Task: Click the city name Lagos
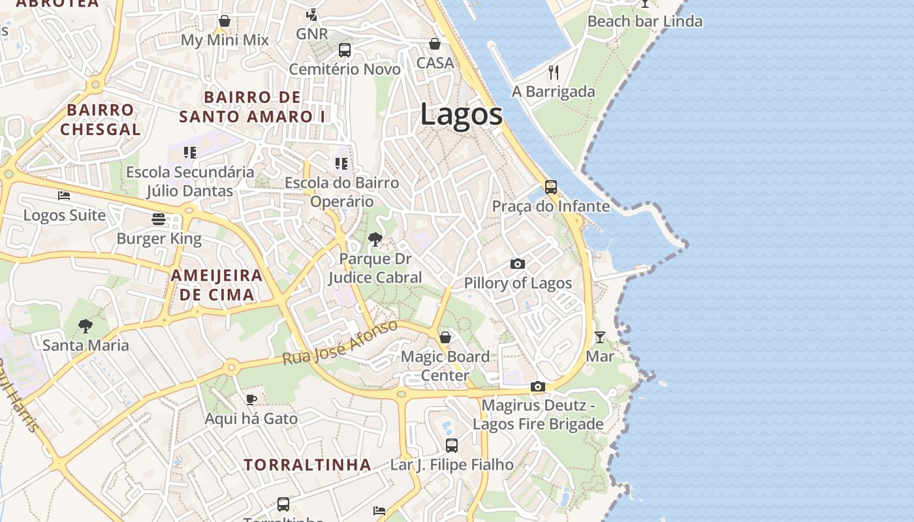(462, 115)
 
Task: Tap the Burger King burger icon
(159, 219)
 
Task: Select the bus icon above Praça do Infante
(551, 187)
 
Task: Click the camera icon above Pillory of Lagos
(518, 264)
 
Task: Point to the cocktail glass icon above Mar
(600, 337)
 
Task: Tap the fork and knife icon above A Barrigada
(554, 72)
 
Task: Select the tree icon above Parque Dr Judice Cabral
(375, 239)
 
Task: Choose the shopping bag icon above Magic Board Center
(445, 337)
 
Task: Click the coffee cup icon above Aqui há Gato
(251, 399)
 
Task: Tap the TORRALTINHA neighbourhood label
(307, 465)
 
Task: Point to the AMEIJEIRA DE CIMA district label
(217, 284)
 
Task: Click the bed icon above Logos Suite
(64, 196)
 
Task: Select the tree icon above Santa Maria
(85, 326)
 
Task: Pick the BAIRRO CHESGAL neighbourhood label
(101, 119)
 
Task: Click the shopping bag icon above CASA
(435, 44)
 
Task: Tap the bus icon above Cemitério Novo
(345, 50)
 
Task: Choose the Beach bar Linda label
(645, 22)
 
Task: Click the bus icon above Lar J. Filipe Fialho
(452, 446)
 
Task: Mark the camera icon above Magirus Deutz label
(538, 386)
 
